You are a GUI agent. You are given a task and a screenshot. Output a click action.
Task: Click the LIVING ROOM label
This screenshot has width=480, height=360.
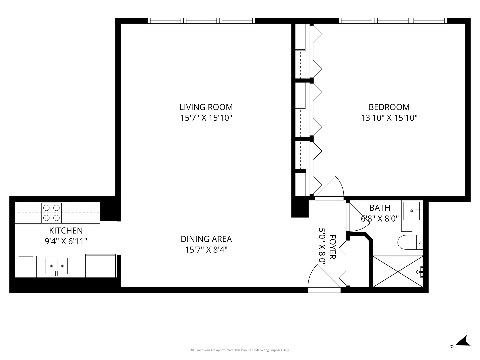pyautogui.click(x=206, y=107)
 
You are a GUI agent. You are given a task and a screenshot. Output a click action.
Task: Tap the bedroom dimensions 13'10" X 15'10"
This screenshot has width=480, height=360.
pyautogui.click(x=389, y=118)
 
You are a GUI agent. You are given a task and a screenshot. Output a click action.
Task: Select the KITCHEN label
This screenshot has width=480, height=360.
pyautogui.click(x=66, y=230)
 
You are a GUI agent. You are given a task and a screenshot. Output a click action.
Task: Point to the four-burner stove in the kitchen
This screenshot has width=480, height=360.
pyautogui.click(x=51, y=213)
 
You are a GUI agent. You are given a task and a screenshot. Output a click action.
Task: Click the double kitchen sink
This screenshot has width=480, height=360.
pyautogui.click(x=56, y=266)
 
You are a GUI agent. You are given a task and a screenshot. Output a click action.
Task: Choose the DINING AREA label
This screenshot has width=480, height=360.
pyautogui.click(x=206, y=239)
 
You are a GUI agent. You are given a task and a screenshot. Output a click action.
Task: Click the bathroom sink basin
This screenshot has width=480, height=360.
pyautogui.click(x=411, y=211)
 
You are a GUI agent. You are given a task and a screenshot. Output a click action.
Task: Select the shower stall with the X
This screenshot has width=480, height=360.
pyautogui.click(x=397, y=271)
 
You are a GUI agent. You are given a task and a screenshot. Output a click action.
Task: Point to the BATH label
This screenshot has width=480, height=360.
pyautogui.click(x=380, y=208)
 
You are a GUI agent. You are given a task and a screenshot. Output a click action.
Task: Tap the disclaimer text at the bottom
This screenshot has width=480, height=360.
pyautogui.click(x=240, y=350)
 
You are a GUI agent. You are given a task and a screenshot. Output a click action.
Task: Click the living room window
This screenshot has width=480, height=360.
pyautogui.click(x=201, y=21)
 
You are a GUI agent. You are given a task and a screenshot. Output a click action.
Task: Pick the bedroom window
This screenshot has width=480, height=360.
pyautogui.click(x=393, y=21)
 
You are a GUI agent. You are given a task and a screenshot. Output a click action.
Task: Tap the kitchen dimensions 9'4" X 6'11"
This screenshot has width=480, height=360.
pyautogui.click(x=66, y=241)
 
